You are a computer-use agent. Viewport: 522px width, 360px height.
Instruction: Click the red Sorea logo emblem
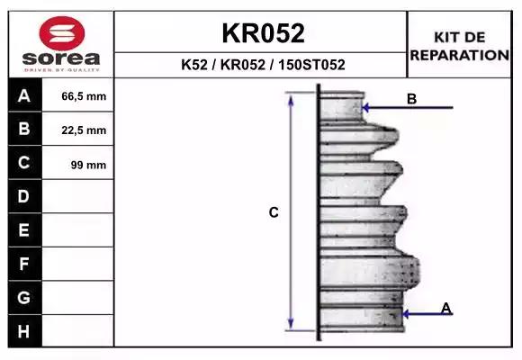pyautogui.click(x=62, y=33)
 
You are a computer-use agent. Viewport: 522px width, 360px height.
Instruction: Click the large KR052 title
pyautogui.click(x=263, y=33)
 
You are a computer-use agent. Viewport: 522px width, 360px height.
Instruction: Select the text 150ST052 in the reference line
pyautogui.click(x=311, y=65)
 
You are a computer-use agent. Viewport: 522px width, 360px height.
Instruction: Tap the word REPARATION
pyautogui.click(x=459, y=55)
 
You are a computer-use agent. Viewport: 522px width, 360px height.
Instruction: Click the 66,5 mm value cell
pyautogui.click(x=84, y=96)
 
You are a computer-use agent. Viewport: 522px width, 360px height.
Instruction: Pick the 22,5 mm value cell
pyautogui.click(x=84, y=130)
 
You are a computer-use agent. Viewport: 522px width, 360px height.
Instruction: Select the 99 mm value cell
pyautogui.click(x=88, y=165)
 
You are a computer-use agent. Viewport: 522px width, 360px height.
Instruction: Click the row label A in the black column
pyautogui.click(x=24, y=96)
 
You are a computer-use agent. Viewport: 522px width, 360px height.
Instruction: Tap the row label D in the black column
pyautogui.click(x=23, y=196)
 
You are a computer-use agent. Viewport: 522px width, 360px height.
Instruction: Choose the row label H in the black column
pyautogui.click(x=23, y=331)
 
